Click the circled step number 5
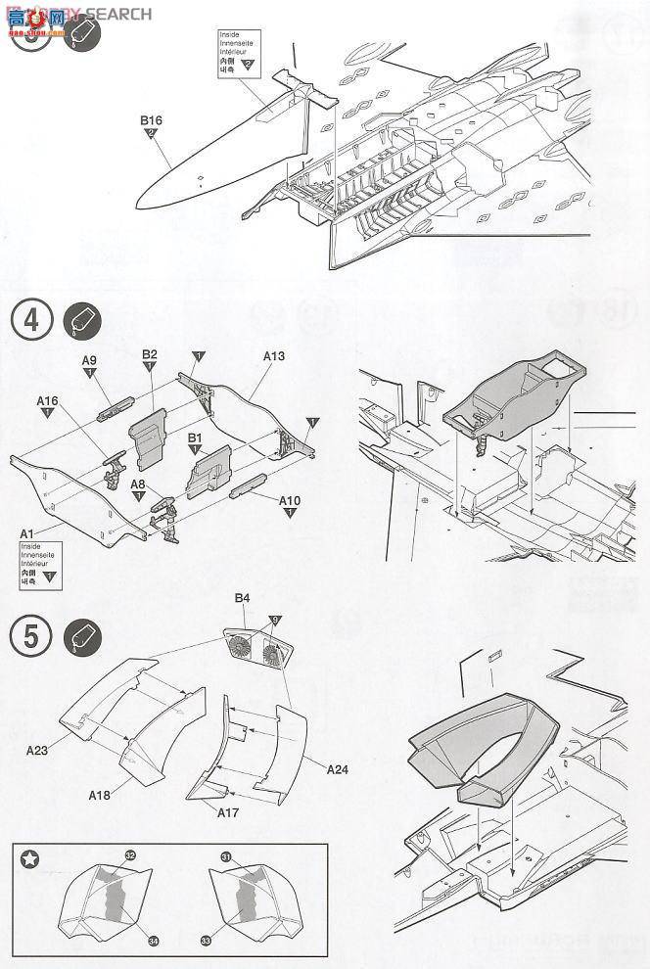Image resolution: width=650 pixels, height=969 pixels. [30, 637]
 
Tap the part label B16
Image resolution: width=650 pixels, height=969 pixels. [151, 120]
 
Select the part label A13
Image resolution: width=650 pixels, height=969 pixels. [274, 356]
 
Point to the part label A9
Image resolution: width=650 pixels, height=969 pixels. [89, 360]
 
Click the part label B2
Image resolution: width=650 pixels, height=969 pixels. [150, 353]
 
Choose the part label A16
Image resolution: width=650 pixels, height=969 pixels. [48, 400]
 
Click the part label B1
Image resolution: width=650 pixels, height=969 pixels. [194, 438]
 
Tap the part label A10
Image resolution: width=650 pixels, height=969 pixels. [290, 500]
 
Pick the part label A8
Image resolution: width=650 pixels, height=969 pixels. [138, 484]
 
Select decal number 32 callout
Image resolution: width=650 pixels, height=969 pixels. [130, 855]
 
